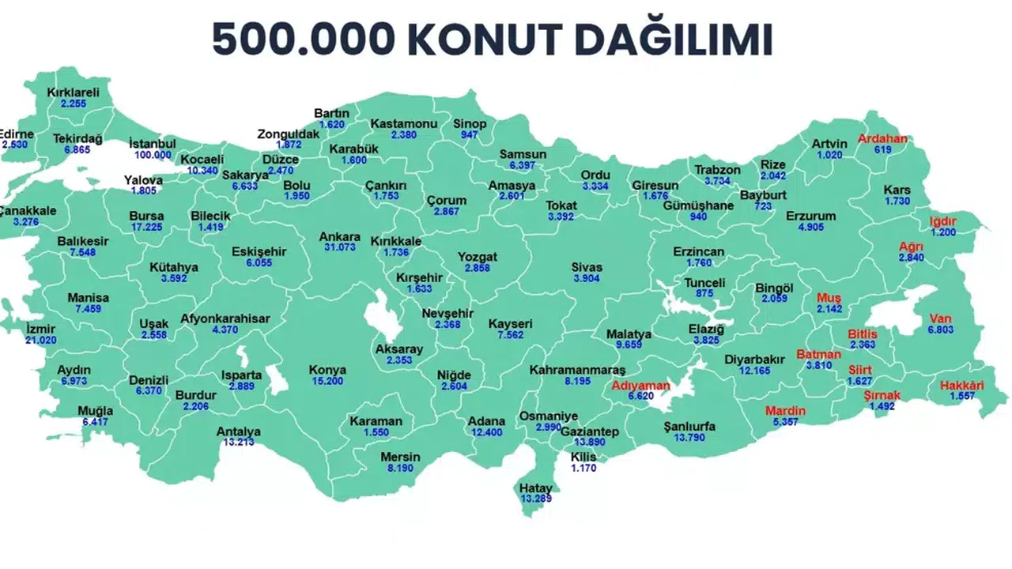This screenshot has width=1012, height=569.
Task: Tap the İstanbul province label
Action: [x=153, y=144]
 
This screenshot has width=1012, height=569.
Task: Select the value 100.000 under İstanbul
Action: [x=153, y=155]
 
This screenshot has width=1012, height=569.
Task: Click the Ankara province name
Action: [x=339, y=237]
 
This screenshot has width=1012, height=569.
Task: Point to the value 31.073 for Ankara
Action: [x=339, y=248]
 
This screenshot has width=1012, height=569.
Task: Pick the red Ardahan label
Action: [x=883, y=139]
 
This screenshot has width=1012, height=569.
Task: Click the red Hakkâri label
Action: [x=961, y=386]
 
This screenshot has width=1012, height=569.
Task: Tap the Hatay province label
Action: [x=536, y=488]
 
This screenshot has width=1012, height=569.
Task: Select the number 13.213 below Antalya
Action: [x=239, y=443]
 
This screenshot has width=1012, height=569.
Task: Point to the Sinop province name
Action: [x=470, y=124]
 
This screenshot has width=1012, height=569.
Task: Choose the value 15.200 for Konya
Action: [x=327, y=381]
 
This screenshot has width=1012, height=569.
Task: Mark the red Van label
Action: [x=940, y=318]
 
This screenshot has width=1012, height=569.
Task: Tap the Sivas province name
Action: [x=587, y=267]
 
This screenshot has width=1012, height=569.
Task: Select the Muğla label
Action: [x=95, y=411]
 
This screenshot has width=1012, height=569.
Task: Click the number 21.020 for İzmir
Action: [x=41, y=340]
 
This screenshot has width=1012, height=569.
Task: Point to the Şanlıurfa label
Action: [x=689, y=427]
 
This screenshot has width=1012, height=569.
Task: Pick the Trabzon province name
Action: [x=717, y=170]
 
